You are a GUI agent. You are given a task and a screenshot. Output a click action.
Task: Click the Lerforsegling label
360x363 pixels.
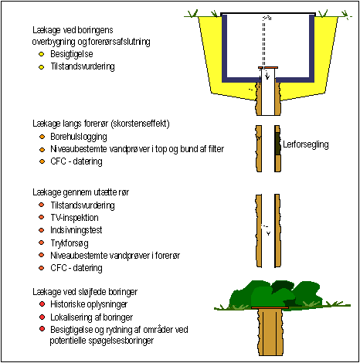click(306, 144)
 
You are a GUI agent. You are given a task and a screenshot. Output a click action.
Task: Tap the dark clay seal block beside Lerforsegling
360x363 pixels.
click(278, 144)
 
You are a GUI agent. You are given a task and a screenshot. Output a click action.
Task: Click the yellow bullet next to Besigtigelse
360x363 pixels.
click(41, 54)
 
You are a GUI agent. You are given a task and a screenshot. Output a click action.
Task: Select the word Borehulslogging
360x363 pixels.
click(79, 137)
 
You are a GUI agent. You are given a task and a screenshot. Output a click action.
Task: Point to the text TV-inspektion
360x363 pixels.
click(74, 218)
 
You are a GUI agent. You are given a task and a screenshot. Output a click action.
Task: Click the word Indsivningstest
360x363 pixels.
click(76, 230)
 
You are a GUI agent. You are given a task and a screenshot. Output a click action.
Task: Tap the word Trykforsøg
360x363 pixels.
click(70, 243)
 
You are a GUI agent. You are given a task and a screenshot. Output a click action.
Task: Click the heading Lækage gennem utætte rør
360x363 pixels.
click(80, 192)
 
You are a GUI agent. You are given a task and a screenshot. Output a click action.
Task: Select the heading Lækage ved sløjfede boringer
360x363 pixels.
click(85, 292)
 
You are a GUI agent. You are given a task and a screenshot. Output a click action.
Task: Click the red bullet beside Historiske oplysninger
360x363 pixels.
click(42, 304)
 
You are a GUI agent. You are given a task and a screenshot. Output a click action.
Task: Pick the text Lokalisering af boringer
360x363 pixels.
click(92, 317)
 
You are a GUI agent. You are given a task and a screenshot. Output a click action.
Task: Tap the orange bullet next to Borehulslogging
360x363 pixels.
click(42, 137)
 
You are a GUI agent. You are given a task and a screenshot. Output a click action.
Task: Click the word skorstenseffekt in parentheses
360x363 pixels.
click(140, 124)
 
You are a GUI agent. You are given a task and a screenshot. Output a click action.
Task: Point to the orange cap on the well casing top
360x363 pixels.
click(268, 68)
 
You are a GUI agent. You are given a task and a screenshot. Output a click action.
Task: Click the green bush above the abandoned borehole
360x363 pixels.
click(276, 293)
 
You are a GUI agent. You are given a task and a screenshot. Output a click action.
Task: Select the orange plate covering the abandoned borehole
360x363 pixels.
click(270, 307)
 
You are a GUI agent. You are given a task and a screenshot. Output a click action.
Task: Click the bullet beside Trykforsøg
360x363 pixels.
click(41, 243)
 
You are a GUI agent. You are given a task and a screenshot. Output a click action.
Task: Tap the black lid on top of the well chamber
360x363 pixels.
click(268, 14)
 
